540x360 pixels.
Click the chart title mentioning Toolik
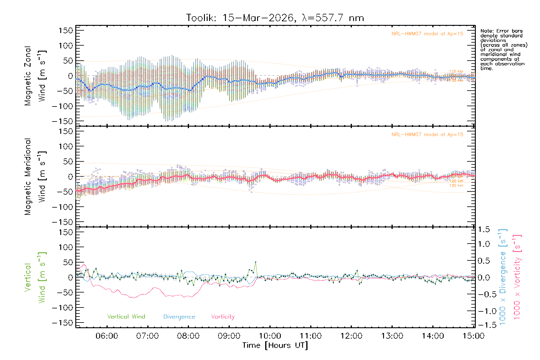point(275,18)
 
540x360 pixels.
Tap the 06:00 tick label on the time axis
point(107,336)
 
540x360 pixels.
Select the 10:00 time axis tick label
point(270,336)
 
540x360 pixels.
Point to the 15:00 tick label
point(473,336)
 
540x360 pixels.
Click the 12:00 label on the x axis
point(351,336)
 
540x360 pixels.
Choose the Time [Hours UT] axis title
point(275,345)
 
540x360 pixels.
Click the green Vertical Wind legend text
point(126,316)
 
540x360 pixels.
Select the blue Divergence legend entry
point(179,317)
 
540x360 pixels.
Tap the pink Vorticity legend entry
point(223,316)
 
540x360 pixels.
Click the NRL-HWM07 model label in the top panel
point(427,34)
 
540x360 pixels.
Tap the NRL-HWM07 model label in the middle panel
point(427,135)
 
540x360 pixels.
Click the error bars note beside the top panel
point(504,49)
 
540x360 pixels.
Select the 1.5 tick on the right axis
point(484,229)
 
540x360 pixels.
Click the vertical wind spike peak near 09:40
point(255,262)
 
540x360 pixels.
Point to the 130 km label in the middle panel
point(456,185)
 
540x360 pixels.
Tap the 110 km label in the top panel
point(456,71)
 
